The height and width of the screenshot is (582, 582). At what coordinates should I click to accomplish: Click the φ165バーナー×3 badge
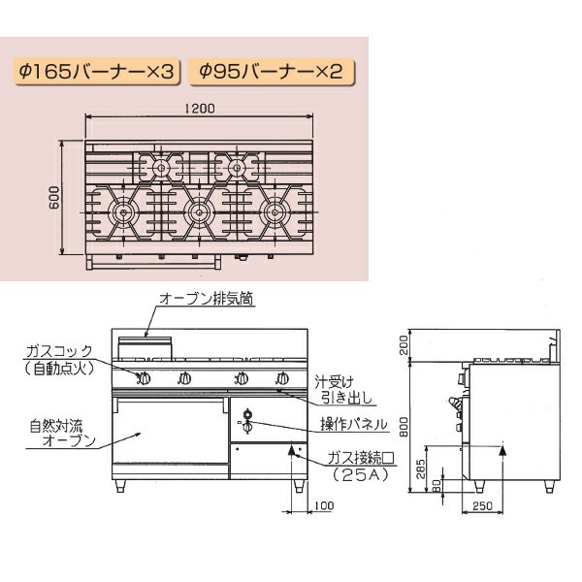click(97, 72)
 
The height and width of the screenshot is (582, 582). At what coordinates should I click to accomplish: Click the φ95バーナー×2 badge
click(272, 72)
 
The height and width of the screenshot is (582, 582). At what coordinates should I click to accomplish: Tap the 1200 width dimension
click(200, 109)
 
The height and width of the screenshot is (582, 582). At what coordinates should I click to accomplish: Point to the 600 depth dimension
click(54, 198)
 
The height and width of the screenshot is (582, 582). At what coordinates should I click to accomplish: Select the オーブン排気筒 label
click(207, 299)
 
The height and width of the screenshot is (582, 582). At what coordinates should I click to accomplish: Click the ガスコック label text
click(59, 351)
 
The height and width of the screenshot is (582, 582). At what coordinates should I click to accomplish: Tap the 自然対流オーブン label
click(62, 434)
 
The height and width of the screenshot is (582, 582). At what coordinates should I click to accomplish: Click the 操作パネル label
click(354, 424)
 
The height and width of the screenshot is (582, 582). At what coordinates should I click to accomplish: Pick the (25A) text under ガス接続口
click(360, 474)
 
